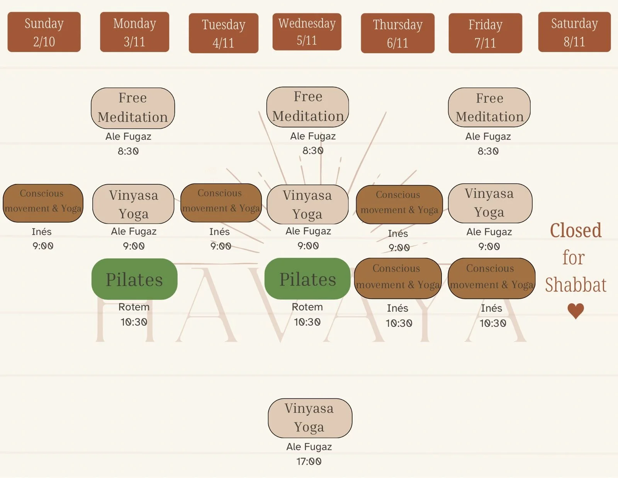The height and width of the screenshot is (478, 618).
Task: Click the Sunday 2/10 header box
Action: pos(44,32)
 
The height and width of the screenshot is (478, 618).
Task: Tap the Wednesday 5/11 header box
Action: pos(307,32)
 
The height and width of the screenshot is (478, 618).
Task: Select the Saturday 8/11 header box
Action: pos(574,32)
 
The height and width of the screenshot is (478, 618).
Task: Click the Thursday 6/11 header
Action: pos(397,33)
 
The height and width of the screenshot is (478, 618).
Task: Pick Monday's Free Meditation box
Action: pos(133,108)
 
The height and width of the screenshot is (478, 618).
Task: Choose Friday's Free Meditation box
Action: pos(489,107)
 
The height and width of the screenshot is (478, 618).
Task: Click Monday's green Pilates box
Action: pos(134,279)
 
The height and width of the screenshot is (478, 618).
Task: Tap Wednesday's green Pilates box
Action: pos(307,279)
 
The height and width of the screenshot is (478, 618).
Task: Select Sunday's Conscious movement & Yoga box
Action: pos(43,203)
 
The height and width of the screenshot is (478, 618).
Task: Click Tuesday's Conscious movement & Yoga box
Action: pos(221,203)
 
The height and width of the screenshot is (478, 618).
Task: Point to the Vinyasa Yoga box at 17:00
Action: pos(310,418)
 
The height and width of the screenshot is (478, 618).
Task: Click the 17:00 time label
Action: pos(309,461)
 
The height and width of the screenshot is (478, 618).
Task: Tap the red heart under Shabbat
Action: pos(576,311)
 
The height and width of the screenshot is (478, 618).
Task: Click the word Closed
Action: pos(576,231)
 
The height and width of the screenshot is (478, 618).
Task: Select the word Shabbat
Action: pos(576,285)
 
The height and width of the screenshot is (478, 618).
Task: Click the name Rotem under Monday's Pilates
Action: pos(134,307)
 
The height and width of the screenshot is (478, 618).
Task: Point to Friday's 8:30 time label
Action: pos(488,151)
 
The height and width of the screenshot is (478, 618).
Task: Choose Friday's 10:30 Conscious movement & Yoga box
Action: pos(491,278)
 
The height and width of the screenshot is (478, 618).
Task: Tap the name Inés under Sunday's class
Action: pos(42,232)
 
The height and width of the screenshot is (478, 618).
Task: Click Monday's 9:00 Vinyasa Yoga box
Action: pos(133,204)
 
